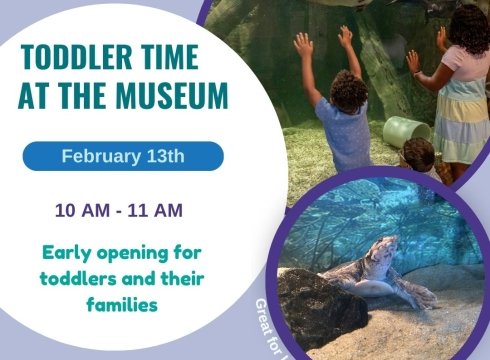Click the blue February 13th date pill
(x=123, y=156)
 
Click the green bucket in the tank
(x=405, y=131)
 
